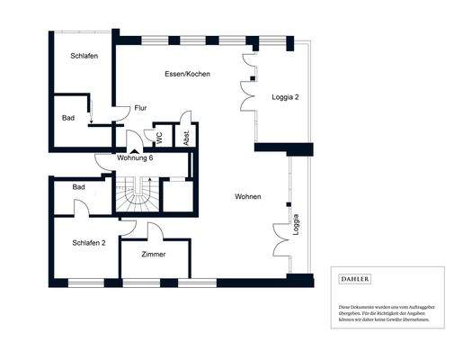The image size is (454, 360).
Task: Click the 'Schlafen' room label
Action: (x=84, y=57)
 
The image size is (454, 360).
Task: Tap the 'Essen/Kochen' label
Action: (x=187, y=74)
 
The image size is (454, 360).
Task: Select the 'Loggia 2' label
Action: (x=284, y=97)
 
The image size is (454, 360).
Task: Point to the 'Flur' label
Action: (x=140, y=108)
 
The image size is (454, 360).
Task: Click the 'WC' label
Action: (x=160, y=137)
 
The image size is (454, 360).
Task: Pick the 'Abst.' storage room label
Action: (x=186, y=137)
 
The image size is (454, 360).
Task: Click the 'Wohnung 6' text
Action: (x=140, y=158)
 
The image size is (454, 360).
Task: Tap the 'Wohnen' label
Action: (x=248, y=197)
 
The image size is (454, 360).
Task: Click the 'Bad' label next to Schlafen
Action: (x=68, y=119)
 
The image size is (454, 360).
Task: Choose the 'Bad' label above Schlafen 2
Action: (x=79, y=187)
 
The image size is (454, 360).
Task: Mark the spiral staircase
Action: (x=139, y=194)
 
